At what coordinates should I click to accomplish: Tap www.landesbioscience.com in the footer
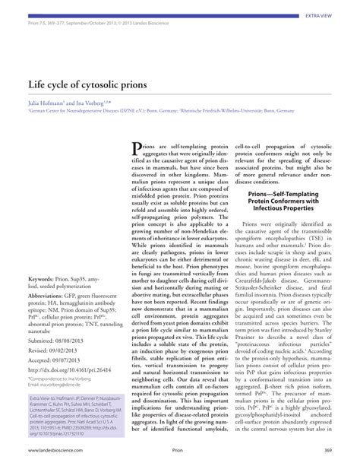click(x=58, y=451)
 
